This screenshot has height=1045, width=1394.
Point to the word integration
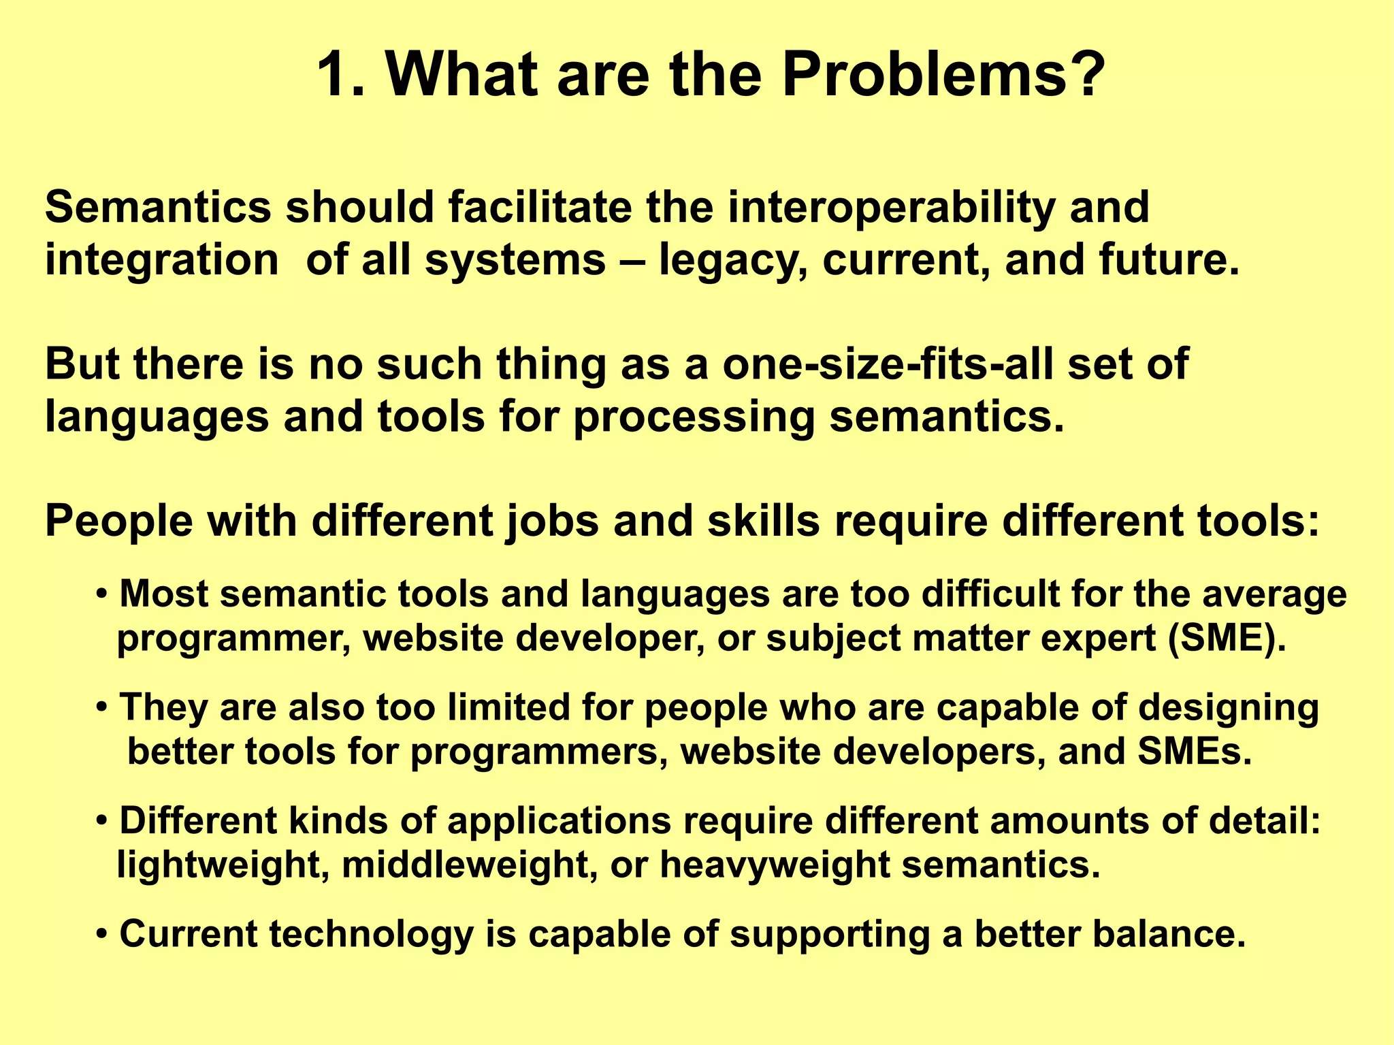(162, 261)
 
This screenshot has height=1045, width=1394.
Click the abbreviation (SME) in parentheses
(1226, 639)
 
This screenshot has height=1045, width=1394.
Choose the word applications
(559, 820)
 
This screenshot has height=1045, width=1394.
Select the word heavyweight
(775, 865)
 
